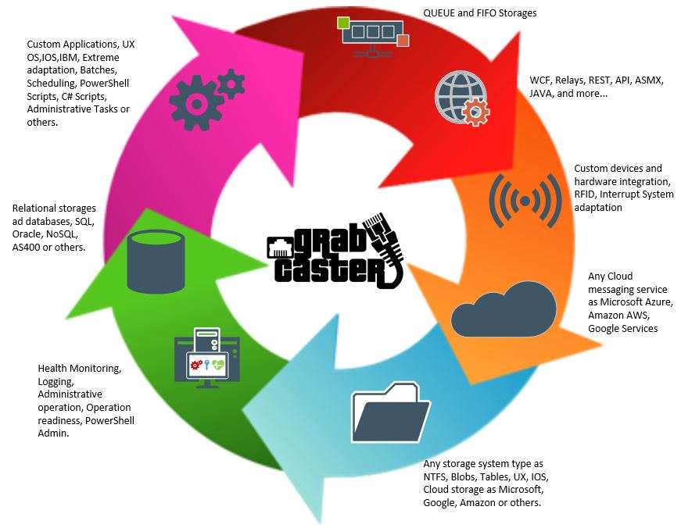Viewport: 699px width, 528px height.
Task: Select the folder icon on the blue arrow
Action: [x=391, y=412]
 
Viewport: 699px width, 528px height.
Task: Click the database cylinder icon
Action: [x=156, y=262]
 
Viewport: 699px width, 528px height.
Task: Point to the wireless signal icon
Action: [x=524, y=201]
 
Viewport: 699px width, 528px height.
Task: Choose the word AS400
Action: [x=29, y=248]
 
